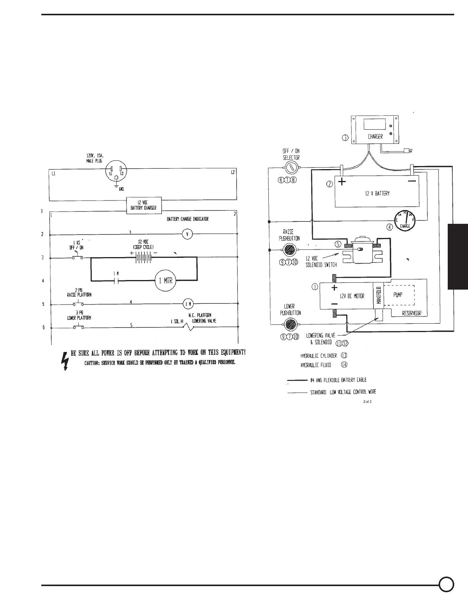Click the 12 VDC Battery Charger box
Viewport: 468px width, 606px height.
[144, 206]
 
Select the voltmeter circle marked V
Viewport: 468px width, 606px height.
[187, 234]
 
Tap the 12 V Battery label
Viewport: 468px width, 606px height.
[377, 193]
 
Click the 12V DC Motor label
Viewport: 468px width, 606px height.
[352, 296]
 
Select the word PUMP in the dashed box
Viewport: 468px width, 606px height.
[398, 295]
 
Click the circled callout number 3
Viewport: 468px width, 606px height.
[345, 138]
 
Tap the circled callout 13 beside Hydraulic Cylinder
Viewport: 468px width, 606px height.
[344, 355]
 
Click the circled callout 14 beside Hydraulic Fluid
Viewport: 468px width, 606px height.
[344, 365]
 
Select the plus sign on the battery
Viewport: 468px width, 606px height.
[342, 182]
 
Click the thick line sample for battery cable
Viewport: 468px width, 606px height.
[297, 380]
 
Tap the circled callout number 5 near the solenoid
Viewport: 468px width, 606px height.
[338, 243]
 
